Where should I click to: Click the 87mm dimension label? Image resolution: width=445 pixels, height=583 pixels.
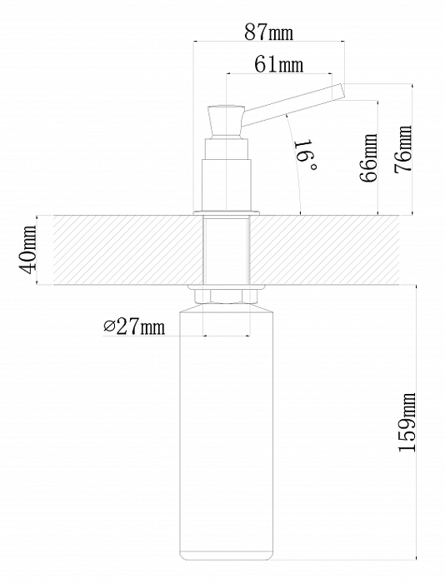click(x=268, y=32)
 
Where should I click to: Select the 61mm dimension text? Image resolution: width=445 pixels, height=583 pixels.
click(x=278, y=64)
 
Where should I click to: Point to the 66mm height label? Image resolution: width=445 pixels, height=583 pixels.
click(x=369, y=157)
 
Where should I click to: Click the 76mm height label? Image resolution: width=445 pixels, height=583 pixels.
click(x=403, y=149)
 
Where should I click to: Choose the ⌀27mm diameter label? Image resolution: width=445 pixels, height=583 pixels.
click(x=133, y=326)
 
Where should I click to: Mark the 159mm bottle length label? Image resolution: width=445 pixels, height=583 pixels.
click(x=407, y=422)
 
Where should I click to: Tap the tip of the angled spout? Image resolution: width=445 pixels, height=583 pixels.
click(x=342, y=92)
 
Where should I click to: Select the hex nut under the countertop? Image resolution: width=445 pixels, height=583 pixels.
click(x=226, y=296)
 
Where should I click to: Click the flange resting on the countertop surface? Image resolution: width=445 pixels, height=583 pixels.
click(x=226, y=212)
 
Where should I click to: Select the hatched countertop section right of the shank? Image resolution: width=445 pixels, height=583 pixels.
click(x=324, y=250)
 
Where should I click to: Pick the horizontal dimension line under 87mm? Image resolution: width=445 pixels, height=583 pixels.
click(x=268, y=42)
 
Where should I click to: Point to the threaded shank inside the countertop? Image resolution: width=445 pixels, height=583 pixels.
click(x=226, y=250)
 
